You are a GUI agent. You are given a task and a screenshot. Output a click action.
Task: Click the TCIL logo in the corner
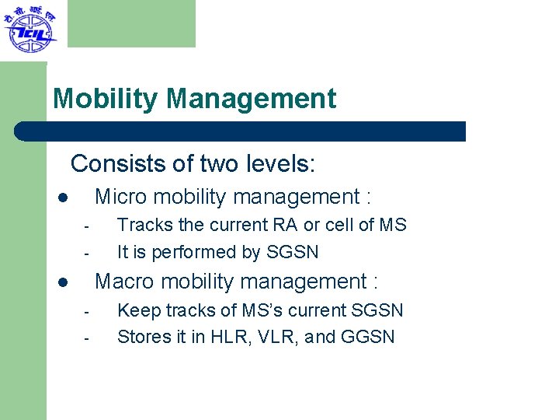[x=30, y=29]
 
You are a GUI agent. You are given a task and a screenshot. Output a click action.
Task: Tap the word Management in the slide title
[x=251, y=100]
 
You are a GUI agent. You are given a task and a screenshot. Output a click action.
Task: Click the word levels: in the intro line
[x=283, y=164]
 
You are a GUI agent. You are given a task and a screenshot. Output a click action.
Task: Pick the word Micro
[x=120, y=198]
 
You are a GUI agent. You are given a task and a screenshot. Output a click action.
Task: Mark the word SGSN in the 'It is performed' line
[x=292, y=253]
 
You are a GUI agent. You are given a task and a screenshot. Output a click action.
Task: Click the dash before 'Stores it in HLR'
[x=88, y=338]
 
